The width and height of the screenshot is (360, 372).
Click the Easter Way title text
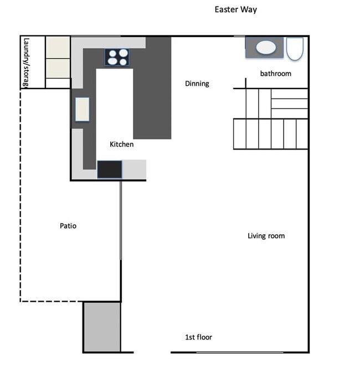click(x=235, y=10)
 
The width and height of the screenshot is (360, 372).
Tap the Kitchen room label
click(x=121, y=144)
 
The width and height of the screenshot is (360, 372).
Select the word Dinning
click(x=197, y=84)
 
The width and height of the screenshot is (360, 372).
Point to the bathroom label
click(x=275, y=74)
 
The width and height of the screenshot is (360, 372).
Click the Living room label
click(x=266, y=236)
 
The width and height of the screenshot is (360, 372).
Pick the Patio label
click(x=68, y=226)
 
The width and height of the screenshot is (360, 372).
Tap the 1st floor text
click(x=198, y=337)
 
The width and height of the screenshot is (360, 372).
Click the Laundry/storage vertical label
click(x=27, y=62)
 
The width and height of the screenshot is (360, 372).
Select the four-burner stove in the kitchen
click(x=117, y=57)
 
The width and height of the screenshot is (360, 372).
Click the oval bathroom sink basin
click(x=266, y=47)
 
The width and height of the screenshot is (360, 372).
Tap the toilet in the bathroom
click(x=295, y=49)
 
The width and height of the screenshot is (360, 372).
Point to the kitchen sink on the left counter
click(x=83, y=110)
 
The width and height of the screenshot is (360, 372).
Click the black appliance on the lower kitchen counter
click(x=110, y=169)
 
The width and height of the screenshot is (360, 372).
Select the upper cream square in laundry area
click(x=58, y=48)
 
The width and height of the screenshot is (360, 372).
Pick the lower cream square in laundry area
click(x=58, y=68)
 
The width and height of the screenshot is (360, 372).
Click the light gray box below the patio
click(x=102, y=327)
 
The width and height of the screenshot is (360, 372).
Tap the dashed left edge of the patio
click(x=20, y=195)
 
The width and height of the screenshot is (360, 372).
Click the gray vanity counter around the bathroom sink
click(x=264, y=47)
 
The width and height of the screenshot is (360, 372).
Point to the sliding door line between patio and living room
click(x=121, y=221)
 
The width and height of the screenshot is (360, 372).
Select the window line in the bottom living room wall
click(x=240, y=353)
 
